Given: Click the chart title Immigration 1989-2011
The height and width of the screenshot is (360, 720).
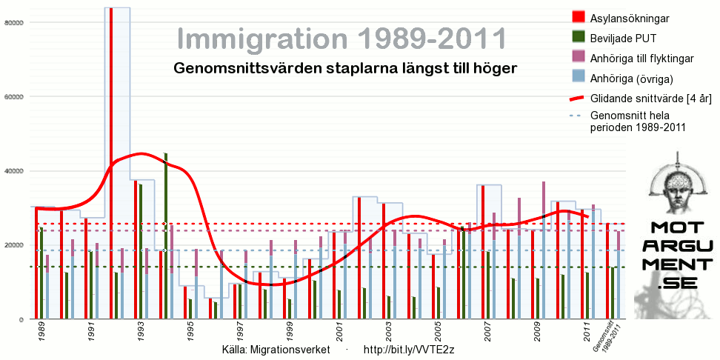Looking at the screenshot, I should point(342,39).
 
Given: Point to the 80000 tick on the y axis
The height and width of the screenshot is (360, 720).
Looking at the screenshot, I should point(15,22).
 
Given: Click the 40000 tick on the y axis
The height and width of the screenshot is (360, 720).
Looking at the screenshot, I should point(15,171).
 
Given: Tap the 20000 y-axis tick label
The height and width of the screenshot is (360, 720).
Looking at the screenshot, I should point(15,245).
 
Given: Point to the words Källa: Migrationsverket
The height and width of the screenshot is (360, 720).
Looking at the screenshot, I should point(276,349).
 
